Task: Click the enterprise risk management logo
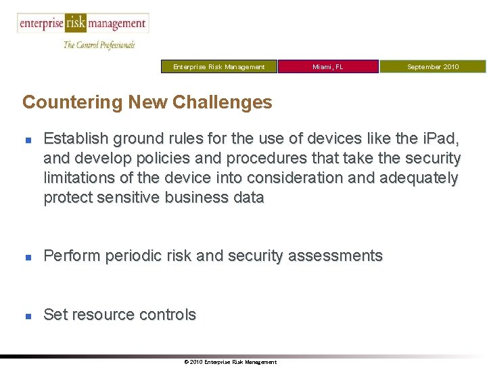[82, 24]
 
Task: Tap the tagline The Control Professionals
[99, 45]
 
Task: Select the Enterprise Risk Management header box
[219, 66]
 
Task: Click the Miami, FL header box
[328, 66]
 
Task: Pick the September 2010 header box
[432, 66]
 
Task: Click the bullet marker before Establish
[28, 140]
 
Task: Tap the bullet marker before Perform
[28, 257]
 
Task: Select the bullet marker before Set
[28, 316]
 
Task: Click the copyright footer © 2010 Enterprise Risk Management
[230, 362]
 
